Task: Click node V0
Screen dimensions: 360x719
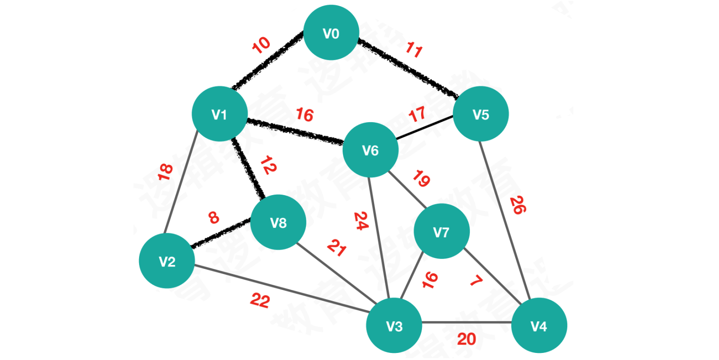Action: click(x=331, y=33)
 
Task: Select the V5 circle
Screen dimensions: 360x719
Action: click(x=480, y=114)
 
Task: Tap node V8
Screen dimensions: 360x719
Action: click(x=278, y=222)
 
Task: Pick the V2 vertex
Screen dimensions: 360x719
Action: click(x=167, y=261)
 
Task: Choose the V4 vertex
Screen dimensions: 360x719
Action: click(x=539, y=326)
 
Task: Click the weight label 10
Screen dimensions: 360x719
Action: click(x=261, y=45)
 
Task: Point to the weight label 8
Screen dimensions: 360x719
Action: click(x=213, y=218)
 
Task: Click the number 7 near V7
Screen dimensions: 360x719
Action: click(x=476, y=281)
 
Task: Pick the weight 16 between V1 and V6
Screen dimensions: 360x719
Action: click(x=305, y=115)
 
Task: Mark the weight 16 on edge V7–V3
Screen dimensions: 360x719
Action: click(x=430, y=280)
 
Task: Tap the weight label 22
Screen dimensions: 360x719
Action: click(x=259, y=301)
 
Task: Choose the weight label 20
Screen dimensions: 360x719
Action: click(x=466, y=339)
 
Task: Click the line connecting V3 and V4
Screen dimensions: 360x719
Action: click(x=466, y=323)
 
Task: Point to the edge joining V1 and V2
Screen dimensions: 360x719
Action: click(x=181, y=185)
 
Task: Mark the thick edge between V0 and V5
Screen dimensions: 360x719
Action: click(x=408, y=69)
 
